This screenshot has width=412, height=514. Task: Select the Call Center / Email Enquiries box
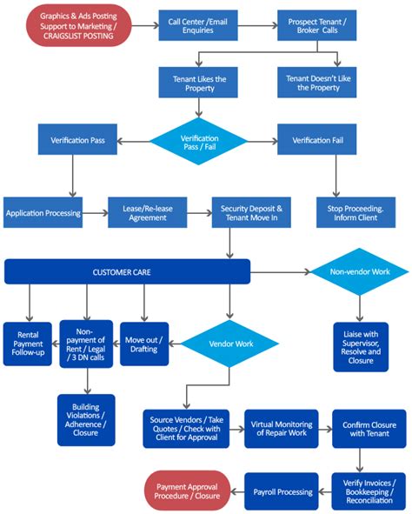199,25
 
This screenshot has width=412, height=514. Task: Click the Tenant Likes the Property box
199,83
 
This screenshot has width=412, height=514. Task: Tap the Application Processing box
43,212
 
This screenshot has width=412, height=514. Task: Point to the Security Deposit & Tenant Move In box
249,211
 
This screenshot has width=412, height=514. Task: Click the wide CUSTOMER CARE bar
127,271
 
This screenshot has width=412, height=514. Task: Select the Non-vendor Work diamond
361,271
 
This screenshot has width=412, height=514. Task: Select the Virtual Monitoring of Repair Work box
280,427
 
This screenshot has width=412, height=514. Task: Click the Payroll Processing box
282,491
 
